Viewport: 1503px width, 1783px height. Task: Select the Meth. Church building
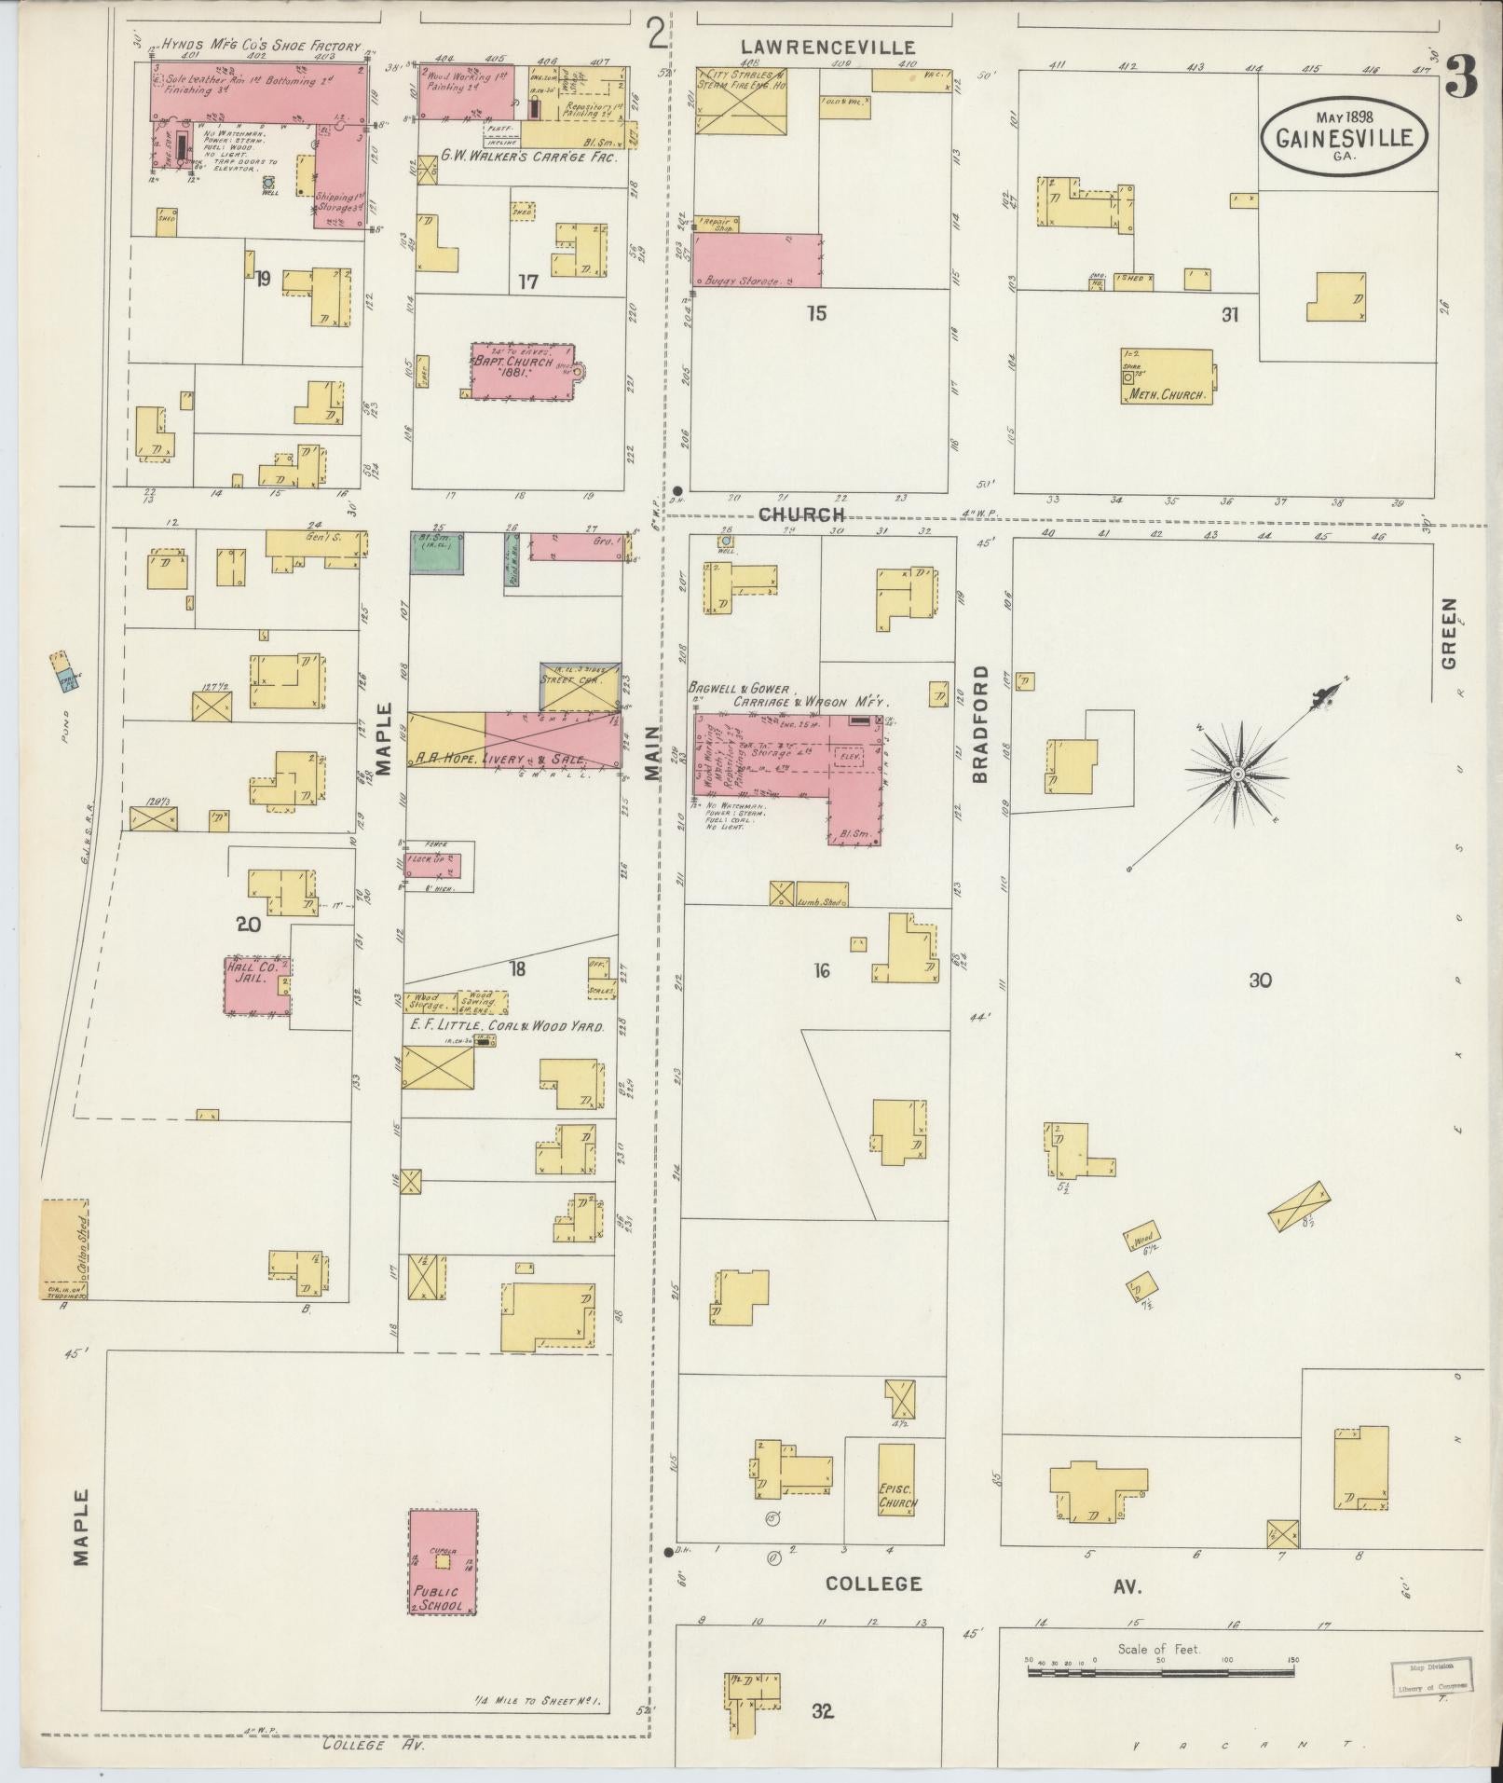[x=1168, y=377]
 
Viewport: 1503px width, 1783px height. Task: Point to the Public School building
[x=443, y=1562]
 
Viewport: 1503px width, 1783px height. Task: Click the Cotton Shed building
[x=64, y=1248]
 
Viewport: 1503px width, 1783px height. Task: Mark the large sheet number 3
[x=1461, y=78]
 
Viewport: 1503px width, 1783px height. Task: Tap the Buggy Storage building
[x=756, y=260]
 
